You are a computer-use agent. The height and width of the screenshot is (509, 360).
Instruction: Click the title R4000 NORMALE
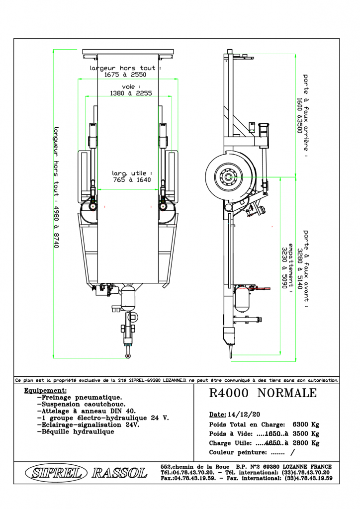263,393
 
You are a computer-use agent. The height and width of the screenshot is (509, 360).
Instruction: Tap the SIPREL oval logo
56,473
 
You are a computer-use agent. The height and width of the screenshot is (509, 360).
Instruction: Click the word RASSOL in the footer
119,473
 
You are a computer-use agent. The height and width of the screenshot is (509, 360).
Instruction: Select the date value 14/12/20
244,414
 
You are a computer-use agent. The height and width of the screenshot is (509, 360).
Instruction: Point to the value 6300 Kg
306,424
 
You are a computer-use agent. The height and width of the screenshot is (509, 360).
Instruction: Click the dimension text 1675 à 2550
125,75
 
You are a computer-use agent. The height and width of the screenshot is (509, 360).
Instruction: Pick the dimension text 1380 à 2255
131,93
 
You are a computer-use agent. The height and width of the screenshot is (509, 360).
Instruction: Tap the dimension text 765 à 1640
132,180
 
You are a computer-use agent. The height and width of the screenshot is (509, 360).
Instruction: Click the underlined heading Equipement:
45,391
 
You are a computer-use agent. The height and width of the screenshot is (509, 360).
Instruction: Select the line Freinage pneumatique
80,397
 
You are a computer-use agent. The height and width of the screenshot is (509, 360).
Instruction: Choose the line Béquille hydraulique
76,432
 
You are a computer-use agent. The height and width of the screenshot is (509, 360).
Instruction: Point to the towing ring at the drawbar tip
128,356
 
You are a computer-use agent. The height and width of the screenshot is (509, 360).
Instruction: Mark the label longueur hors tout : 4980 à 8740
56,187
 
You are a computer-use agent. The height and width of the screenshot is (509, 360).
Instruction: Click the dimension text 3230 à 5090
284,268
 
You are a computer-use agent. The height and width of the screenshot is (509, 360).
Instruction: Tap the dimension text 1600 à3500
299,115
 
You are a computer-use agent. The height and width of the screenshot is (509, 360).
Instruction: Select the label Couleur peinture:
238,452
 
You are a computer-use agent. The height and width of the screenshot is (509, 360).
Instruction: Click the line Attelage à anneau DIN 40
87,411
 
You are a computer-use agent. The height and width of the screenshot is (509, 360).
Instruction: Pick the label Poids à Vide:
231,433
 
